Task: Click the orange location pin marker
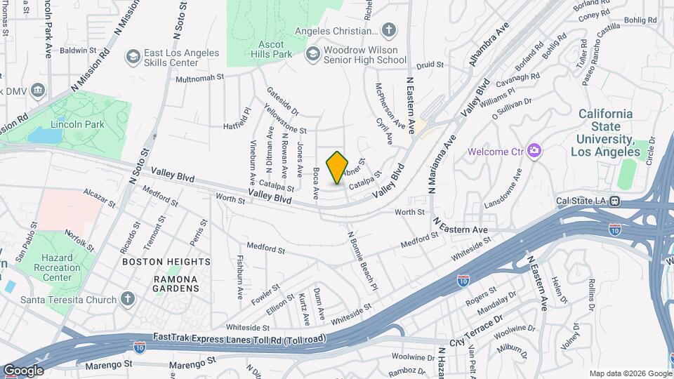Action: click(338, 168)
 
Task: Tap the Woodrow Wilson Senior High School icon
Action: click(313, 55)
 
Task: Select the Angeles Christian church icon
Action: click(389, 30)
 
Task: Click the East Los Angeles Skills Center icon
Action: click(132, 55)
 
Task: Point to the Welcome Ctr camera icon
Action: click(534, 150)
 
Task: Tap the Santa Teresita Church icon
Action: click(127, 300)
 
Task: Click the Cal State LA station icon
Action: click(614, 201)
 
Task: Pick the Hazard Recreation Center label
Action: click(57, 267)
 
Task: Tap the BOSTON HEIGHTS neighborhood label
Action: click(166, 262)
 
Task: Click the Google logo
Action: click(23, 370)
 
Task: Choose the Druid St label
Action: click(430, 65)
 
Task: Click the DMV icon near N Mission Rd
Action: click(38, 90)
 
